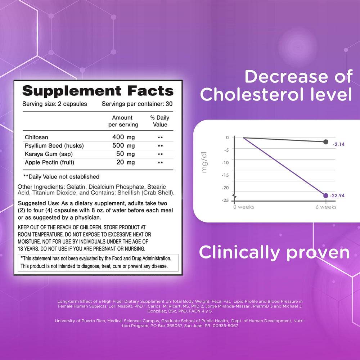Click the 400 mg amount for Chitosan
123,137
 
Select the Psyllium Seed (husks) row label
54,145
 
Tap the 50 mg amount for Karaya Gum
125,154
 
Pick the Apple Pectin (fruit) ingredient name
49,162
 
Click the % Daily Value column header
160,121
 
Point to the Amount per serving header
123,121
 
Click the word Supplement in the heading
72,91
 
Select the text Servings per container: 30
137,104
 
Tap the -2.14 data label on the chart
339,144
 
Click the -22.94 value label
337,195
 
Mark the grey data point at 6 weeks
325,142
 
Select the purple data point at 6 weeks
325,195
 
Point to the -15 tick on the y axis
225,175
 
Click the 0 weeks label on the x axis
244,207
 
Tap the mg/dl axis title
204,162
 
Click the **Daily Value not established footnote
61,176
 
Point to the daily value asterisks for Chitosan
160,138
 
